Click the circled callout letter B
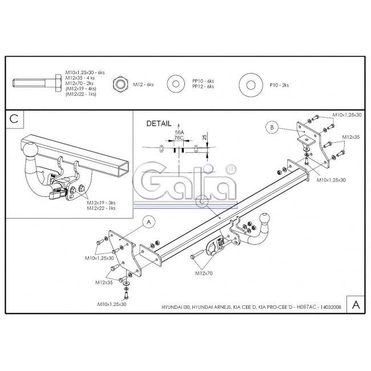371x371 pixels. click(x=272, y=127)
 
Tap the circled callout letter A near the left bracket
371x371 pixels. click(x=149, y=222)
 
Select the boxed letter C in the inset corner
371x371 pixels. click(x=14, y=119)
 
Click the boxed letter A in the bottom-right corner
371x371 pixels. click(x=356, y=305)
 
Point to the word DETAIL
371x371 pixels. click(x=159, y=123)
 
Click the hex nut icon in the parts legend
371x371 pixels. click(x=120, y=85)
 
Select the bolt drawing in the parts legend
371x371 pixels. click(x=37, y=83)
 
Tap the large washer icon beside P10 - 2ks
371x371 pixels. click(x=251, y=85)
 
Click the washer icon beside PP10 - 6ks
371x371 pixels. click(x=176, y=84)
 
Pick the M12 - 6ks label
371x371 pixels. click(x=143, y=84)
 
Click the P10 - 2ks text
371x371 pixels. click(x=279, y=85)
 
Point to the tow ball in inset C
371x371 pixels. click(x=30, y=150)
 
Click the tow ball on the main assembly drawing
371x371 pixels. click(x=265, y=219)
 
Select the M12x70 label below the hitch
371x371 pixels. click(x=204, y=273)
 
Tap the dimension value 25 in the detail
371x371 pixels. click(x=205, y=136)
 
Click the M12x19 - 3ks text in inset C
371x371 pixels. click(x=101, y=203)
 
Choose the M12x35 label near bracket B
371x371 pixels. click(x=351, y=137)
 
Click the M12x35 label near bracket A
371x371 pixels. click(x=104, y=283)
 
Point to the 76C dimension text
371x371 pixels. click(x=179, y=138)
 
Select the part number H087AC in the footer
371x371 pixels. click(x=306, y=307)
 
